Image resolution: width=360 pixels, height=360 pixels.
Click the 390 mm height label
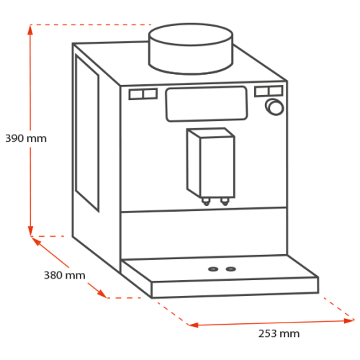pos(26,138)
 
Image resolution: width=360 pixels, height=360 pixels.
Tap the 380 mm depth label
pos(65,275)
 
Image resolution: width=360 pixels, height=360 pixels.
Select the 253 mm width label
pos(279,333)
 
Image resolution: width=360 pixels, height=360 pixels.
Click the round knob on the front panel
pos(275,107)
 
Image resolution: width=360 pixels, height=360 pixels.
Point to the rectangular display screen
pos(207,104)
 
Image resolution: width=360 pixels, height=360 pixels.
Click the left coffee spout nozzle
pos(206,202)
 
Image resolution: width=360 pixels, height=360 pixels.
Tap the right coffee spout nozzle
pos(225,201)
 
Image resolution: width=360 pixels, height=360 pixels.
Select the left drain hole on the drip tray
pos(213,269)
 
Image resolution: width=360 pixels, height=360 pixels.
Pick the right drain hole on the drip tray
pos(230,269)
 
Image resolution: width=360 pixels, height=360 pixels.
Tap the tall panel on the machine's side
pos(87,132)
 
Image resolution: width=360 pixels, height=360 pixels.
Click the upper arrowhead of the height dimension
pos(30,30)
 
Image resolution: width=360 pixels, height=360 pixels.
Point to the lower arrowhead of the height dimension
pos(30,231)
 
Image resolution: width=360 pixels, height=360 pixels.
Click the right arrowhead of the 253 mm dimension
pos(349,320)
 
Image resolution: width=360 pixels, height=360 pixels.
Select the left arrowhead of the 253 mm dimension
pos(193,325)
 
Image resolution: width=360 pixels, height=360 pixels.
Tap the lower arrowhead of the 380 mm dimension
pos(102,294)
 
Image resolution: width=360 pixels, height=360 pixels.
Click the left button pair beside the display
pos(143,94)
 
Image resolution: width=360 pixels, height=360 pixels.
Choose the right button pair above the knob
pos(269,91)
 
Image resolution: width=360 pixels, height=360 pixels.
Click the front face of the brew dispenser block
pos(217,167)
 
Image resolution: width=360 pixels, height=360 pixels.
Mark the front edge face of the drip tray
pos(235,287)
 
